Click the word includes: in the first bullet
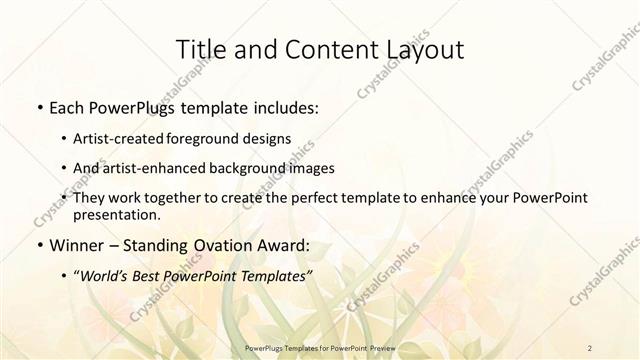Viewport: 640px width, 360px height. point(280,106)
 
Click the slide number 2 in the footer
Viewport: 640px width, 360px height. point(591,347)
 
